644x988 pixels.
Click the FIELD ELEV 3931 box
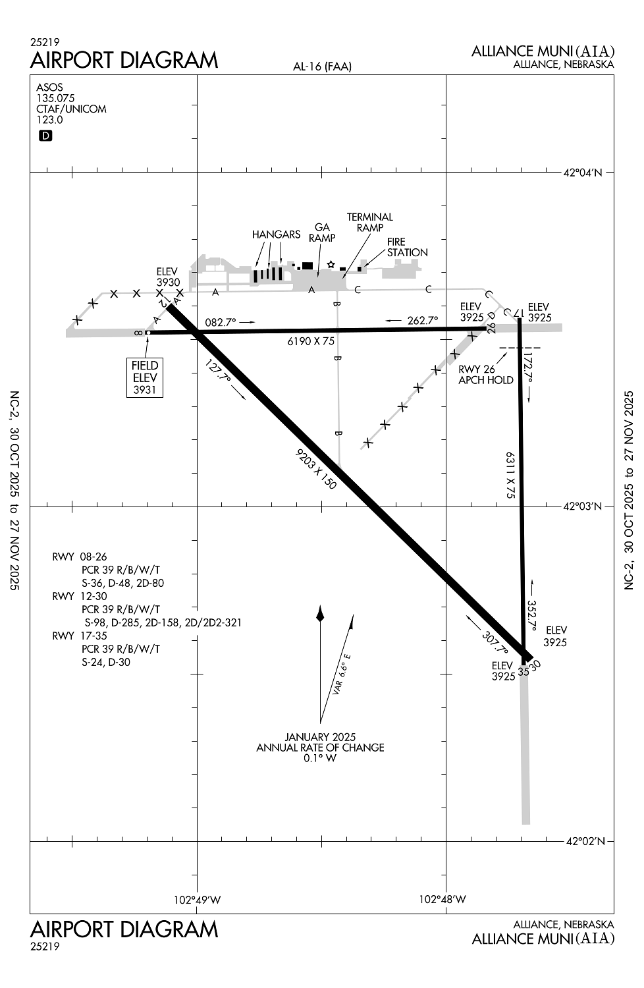click(x=145, y=377)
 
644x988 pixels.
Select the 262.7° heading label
click(x=422, y=321)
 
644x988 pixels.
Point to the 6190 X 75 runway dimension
click(x=311, y=341)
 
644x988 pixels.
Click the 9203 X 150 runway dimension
click(x=317, y=468)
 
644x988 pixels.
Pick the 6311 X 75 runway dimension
click(x=510, y=474)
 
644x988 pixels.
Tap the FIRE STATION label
click(x=407, y=247)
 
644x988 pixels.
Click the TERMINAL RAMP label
click(x=369, y=222)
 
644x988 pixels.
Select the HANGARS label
click(x=276, y=234)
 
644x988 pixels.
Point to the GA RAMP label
click(x=322, y=233)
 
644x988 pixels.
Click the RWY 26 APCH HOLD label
click(x=485, y=375)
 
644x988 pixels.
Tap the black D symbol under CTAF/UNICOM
click(x=45, y=136)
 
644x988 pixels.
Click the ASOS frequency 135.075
click(x=55, y=98)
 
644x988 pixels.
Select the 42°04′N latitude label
click(x=583, y=173)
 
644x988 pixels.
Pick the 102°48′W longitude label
click(x=443, y=899)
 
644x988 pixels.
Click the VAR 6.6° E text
click(x=342, y=674)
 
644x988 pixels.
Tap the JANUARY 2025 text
click(x=320, y=737)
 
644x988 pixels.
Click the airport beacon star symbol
click(x=331, y=265)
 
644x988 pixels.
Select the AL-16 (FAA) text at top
click(x=322, y=66)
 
